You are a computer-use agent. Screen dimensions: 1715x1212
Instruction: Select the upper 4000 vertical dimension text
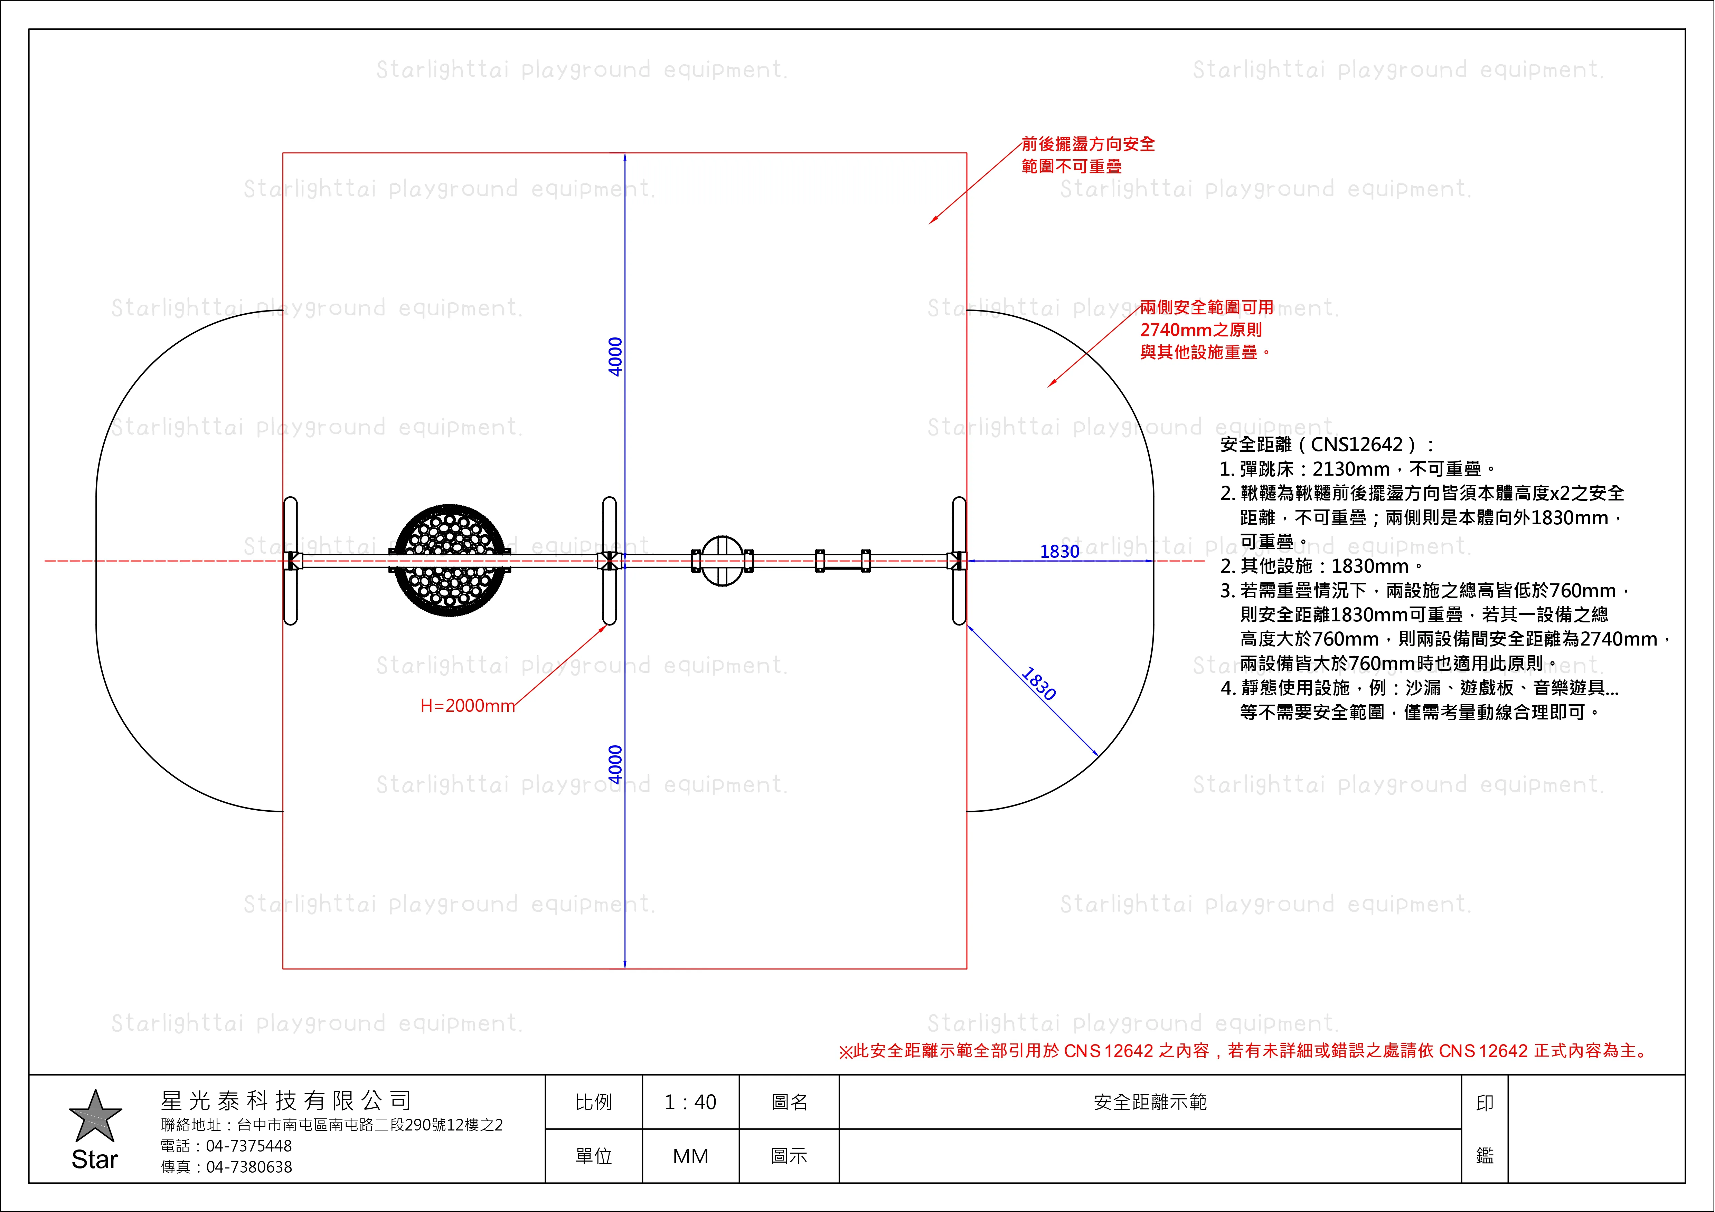615,357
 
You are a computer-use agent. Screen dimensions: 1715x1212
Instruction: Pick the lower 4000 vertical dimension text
615,764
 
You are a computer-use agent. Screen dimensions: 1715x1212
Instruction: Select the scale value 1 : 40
690,1102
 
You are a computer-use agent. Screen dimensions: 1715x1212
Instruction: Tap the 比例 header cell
594,1102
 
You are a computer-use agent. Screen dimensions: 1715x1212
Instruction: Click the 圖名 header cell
790,1102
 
